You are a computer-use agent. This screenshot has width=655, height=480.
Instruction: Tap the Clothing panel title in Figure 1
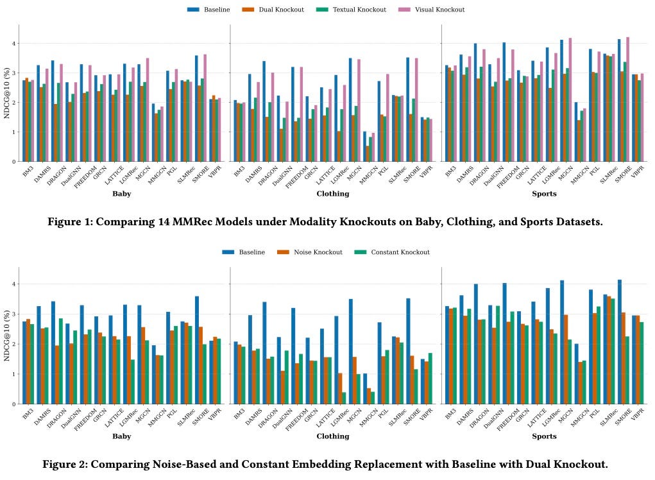pos(333,193)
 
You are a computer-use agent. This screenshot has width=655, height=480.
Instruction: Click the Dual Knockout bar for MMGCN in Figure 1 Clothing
pos(368,153)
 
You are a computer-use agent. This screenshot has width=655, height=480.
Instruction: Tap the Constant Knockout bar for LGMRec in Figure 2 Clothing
pos(344,398)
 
